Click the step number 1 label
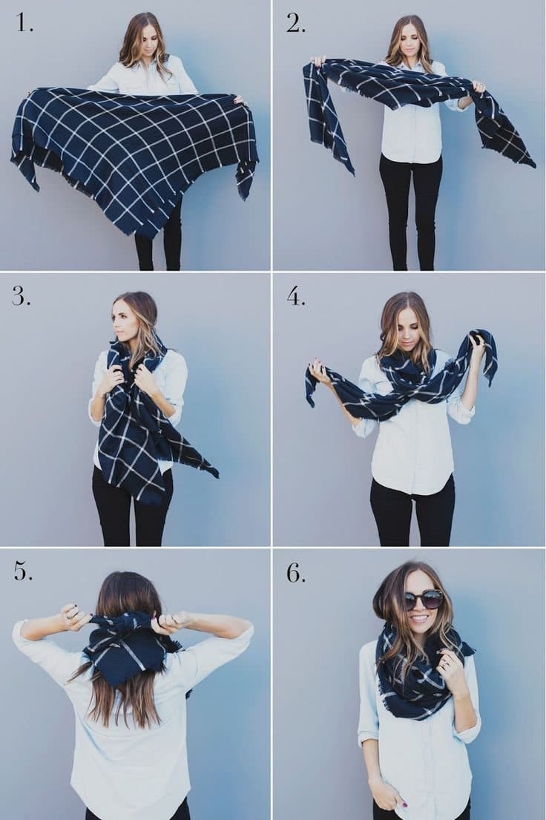(24, 22)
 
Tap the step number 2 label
(295, 23)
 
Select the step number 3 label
(22, 297)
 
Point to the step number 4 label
(296, 297)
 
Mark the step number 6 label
(295, 573)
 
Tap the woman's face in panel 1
(145, 42)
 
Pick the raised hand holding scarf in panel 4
(478, 346)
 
